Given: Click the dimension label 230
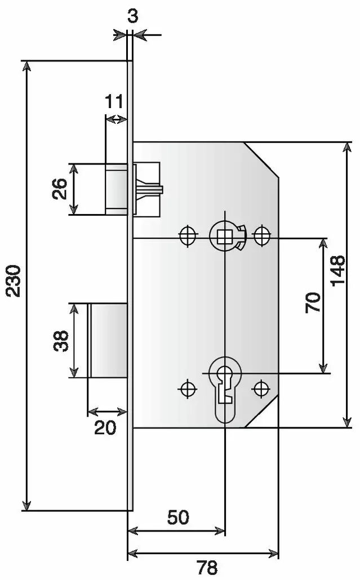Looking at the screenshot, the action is click(x=15, y=281).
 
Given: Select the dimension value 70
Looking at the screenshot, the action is click(x=313, y=302).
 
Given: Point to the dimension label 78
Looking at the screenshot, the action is click(x=207, y=567).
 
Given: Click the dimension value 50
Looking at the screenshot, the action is click(x=179, y=517).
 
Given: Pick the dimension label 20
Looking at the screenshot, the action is click(x=105, y=427).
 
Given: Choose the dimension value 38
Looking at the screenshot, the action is click(x=61, y=341).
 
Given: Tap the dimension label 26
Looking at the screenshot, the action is click(x=59, y=189).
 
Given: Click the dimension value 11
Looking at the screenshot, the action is click(x=114, y=101).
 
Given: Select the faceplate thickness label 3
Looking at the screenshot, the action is click(x=133, y=16).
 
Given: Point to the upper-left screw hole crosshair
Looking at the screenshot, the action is click(x=188, y=235).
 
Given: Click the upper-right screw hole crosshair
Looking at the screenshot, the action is click(x=261, y=234).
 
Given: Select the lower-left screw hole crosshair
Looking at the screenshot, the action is click(x=188, y=389).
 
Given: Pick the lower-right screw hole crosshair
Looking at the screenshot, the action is click(x=261, y=388).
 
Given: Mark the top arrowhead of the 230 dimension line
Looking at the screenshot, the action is click(x=26, y=66).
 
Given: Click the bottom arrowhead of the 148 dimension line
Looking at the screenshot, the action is click(x=347, y=421).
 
